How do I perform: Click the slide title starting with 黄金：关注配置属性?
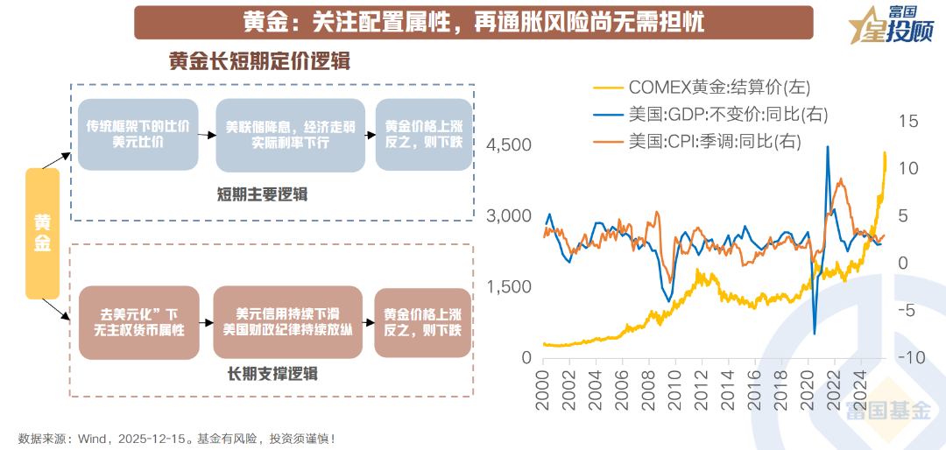(473, 22)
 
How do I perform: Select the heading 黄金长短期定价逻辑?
(260, 62)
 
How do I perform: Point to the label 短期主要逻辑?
(263, 194)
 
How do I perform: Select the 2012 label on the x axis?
(702, 390)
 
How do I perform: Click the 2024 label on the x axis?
(860, 390)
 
